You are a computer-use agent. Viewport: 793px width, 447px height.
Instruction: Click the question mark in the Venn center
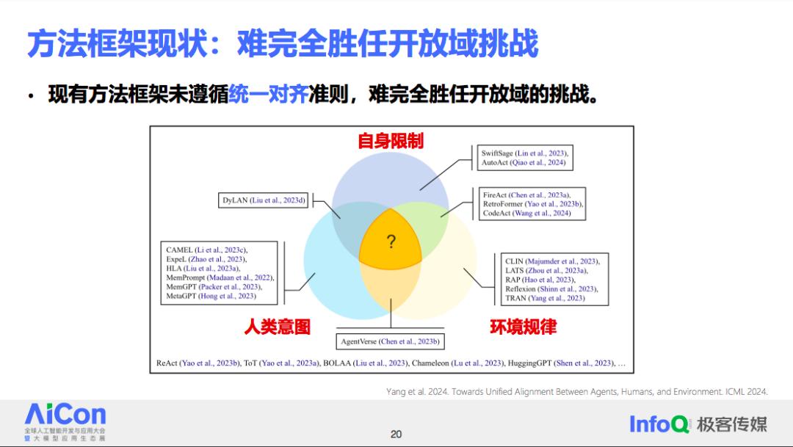[391, 241]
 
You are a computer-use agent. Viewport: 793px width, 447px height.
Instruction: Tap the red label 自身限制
[391, 141]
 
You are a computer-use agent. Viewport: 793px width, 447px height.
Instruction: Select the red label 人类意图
[277, 327]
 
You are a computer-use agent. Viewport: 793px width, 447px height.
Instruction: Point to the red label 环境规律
[523, 327]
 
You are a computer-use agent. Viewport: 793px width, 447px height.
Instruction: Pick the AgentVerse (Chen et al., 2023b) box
[390, 341]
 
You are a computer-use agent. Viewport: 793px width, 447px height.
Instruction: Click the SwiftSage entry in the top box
[524, 153]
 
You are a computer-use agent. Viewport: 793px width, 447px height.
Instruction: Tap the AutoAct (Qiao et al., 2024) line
[523, 162]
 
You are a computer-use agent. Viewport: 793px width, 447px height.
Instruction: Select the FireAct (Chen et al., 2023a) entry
[526, 195]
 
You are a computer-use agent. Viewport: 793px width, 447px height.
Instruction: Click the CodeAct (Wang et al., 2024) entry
[526, 213]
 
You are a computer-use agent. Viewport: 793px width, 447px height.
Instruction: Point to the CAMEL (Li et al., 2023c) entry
[207, 250]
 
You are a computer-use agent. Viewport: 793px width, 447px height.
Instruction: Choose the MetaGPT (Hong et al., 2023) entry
[211, 296]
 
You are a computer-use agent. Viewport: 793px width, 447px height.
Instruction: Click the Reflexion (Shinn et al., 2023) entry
[551, 288]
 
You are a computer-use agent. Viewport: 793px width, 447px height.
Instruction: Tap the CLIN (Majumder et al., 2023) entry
[552, 261]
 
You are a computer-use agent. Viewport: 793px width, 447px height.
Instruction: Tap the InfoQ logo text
[659, 424]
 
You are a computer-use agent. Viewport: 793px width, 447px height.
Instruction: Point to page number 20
[396, 434]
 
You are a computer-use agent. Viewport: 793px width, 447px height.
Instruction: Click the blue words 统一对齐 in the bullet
[268, 94]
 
